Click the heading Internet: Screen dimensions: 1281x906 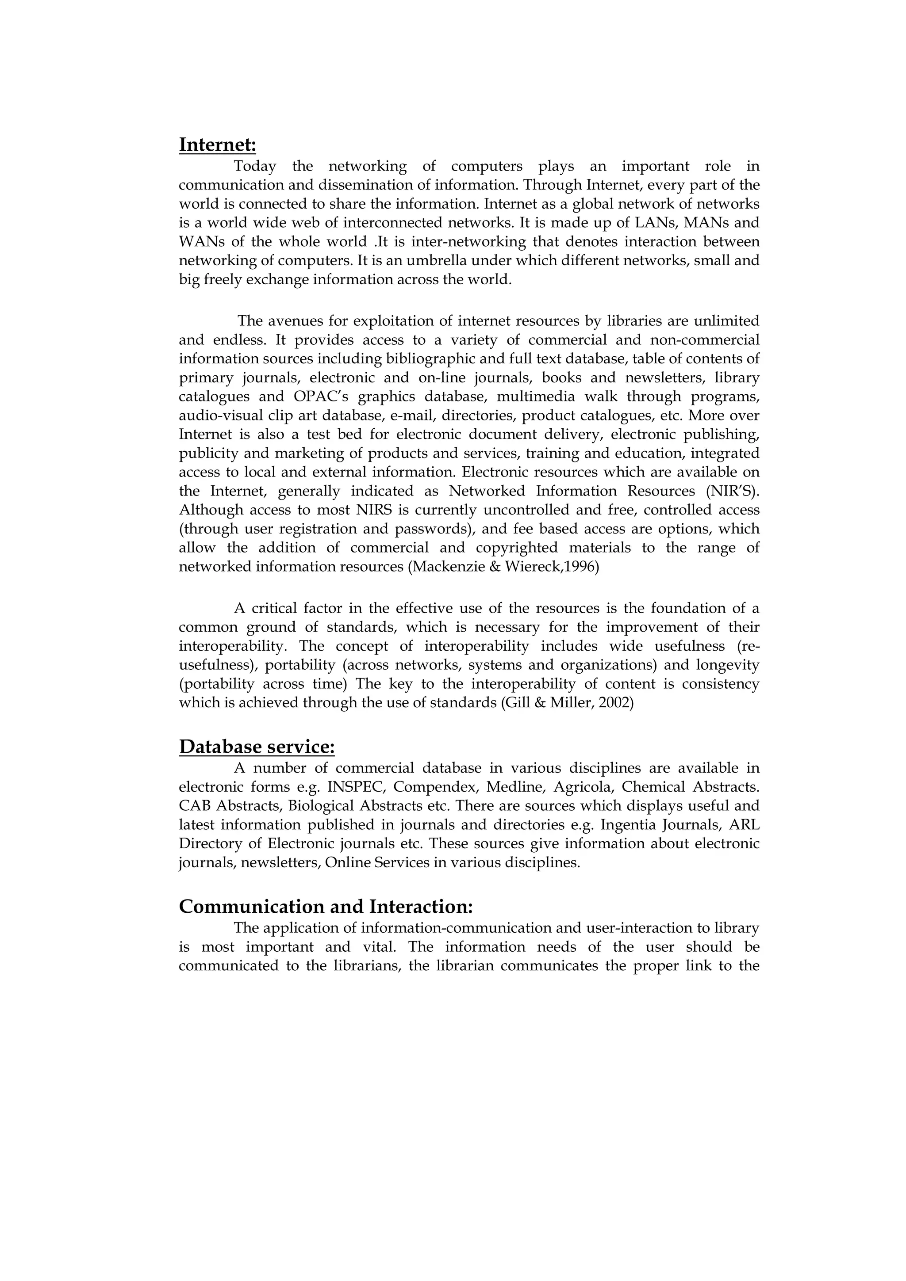pos(217,145)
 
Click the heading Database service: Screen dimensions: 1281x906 pos(257,747)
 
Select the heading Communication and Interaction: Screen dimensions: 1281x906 pos(326,907)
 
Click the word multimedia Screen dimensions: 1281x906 pos(536,396)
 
